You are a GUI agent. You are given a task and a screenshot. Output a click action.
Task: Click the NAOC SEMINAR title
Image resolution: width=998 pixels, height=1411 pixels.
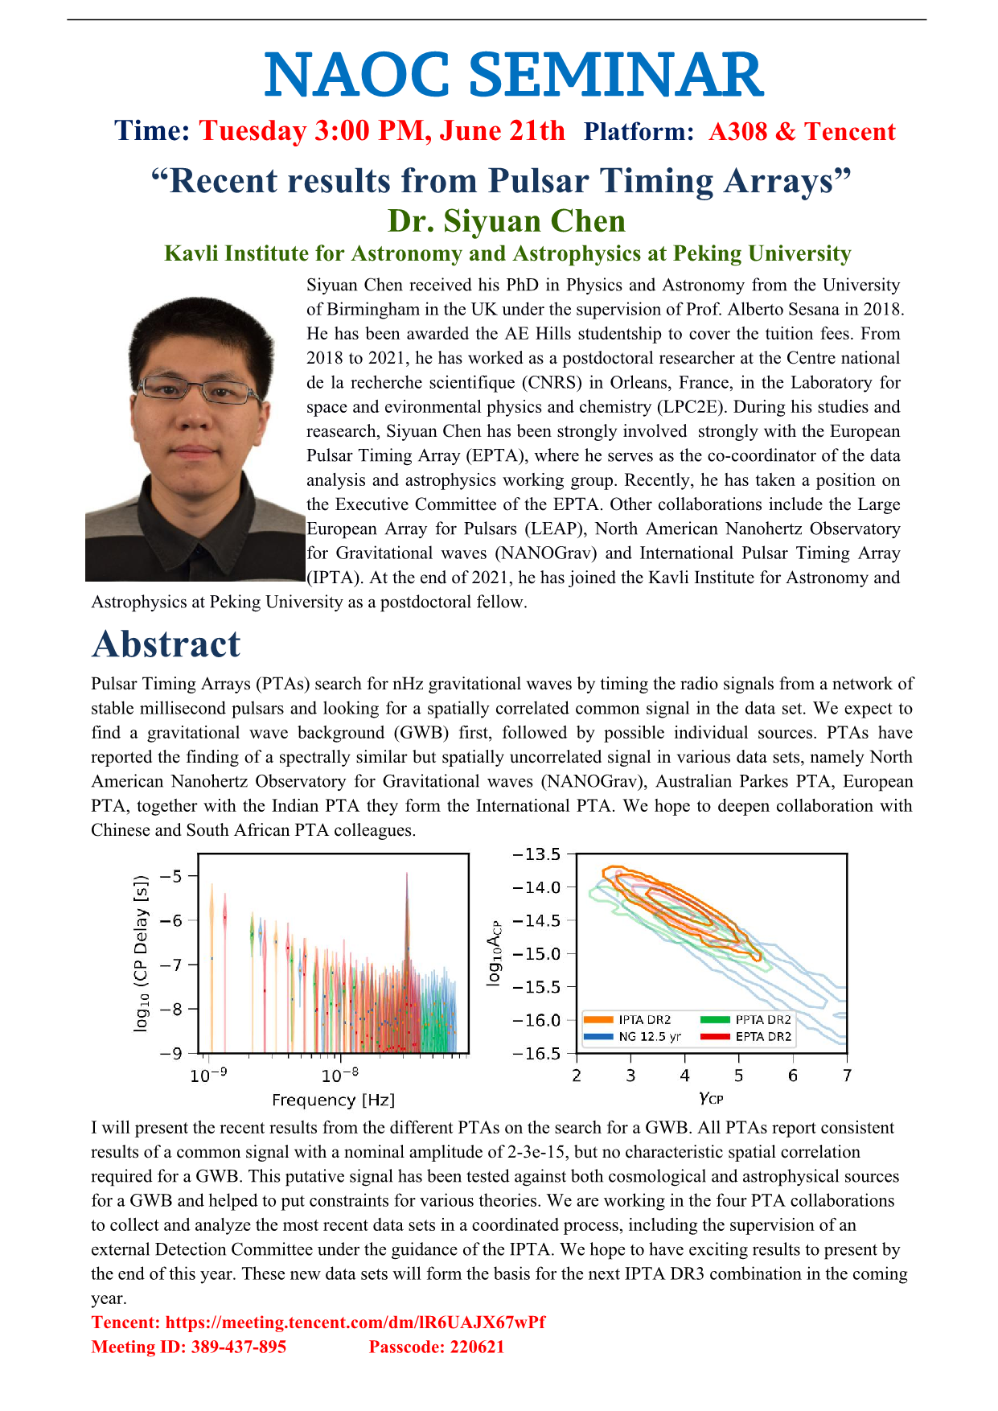[x=513, y=75]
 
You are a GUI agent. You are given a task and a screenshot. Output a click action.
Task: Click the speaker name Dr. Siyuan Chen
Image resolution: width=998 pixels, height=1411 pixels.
[x=507, y=221]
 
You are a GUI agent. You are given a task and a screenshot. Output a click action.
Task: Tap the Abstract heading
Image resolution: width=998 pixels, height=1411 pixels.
[x=166, y=644]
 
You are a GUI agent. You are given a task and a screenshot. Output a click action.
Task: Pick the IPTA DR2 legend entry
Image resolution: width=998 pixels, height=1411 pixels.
[x=644, y=1020]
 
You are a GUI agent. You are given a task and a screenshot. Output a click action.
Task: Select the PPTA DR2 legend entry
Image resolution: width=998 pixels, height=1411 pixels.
[x=762, y=1020]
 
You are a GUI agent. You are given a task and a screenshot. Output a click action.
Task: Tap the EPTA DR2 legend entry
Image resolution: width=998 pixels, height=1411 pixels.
[x=762, y=1036]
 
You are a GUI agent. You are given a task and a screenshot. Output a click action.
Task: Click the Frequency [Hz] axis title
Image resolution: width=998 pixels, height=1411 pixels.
[x=333, y=1100]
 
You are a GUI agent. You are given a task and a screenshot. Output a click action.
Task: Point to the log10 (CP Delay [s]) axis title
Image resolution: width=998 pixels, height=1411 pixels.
[x=142, y=953]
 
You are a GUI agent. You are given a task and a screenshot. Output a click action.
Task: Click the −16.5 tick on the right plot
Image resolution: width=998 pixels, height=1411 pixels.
[x=537, y=1053]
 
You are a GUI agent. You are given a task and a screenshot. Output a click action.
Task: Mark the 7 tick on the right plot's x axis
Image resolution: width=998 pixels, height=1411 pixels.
[x=847, y=1076]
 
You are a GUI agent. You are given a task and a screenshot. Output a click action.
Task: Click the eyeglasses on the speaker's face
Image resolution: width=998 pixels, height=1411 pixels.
[x=196, y=390]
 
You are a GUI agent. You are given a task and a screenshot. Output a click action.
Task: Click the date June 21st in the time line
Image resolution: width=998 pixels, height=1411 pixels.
[x=502, y=131]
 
